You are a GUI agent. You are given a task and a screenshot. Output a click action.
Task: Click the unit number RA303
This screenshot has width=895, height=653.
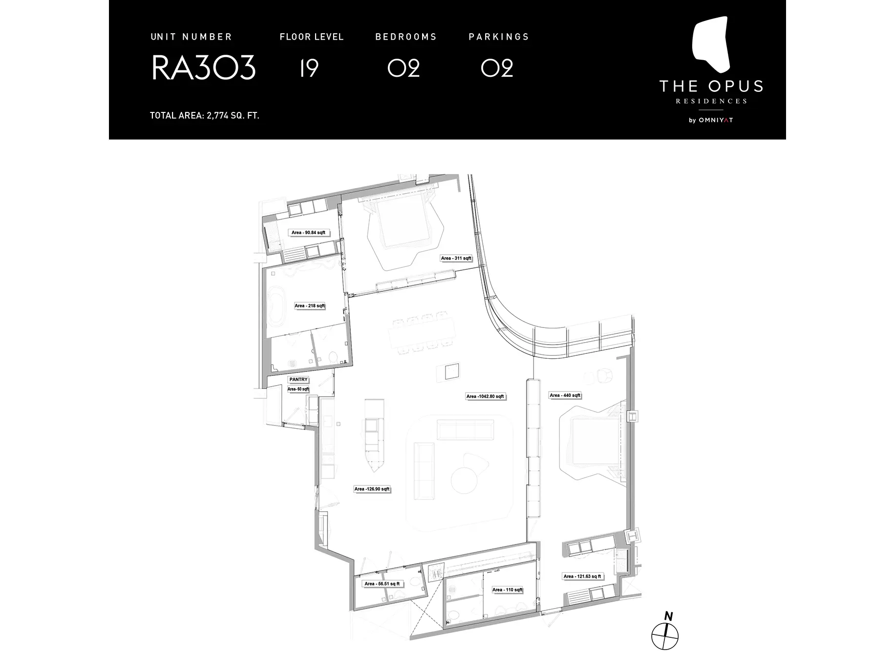click(x=203, y=67)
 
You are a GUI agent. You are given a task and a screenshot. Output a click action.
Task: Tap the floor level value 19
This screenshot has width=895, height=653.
click(x=309, y=67)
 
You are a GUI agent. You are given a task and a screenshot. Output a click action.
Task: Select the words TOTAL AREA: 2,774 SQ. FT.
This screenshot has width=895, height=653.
click(x=204, y=116)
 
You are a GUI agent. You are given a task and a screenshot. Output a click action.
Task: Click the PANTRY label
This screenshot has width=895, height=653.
click(x=298, y=379)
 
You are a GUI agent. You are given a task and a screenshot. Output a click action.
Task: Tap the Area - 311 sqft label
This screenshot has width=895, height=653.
click(x=456, y=258)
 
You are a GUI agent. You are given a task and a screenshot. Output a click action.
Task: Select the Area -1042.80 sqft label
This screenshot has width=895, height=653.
click(x=485, y=396)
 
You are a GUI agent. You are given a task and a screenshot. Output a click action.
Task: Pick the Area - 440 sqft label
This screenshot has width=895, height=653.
click(x=565, y=395)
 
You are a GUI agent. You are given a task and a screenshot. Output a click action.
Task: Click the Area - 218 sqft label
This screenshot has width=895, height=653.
click(x=310, y=306)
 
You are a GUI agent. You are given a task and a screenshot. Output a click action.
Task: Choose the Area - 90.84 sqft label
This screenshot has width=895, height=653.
click(x=308, y=233)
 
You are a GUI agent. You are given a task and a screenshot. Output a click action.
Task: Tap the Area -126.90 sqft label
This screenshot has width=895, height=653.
click(x=372, y=489)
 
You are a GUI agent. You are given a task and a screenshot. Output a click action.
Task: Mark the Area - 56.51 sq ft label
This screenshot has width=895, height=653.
click(x=382, y=584)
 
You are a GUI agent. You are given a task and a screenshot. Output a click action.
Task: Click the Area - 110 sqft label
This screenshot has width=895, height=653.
click(x=507, y=590)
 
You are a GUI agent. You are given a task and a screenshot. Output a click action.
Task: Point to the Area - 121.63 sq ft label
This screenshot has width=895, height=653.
click(x=582, y=576)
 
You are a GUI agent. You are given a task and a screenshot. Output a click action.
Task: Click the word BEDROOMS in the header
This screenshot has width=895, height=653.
click(x=406, y=37)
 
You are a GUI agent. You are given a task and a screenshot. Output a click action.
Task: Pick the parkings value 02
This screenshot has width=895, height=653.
click(x=497, y=67)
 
